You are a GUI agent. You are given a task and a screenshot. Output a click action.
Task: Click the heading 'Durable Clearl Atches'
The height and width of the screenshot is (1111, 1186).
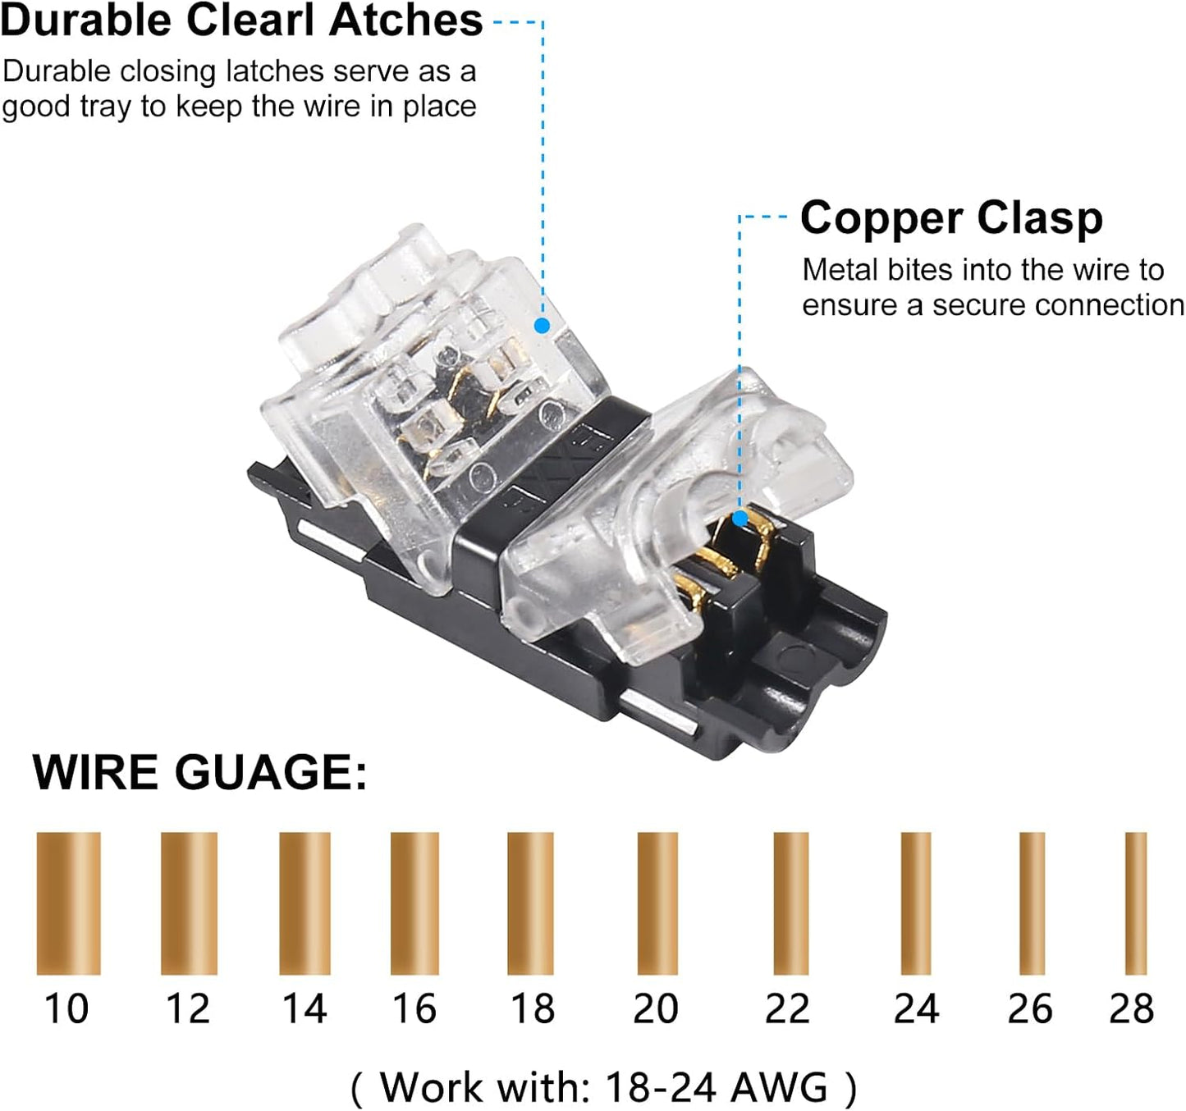point(241,21)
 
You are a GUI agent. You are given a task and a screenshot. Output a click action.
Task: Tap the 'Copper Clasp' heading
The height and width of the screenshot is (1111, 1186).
point(951,219)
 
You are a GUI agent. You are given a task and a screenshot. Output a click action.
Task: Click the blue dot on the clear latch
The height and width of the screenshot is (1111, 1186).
point(543,326)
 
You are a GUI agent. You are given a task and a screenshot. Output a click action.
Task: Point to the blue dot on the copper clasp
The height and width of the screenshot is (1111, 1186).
point(740,518)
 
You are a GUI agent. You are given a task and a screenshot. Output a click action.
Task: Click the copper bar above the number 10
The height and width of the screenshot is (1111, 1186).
point(69,903)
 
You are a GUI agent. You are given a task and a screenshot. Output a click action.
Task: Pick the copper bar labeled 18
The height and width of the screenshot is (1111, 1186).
point(530,903)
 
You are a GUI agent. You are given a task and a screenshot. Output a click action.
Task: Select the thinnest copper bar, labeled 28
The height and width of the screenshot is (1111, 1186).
point(1136,903)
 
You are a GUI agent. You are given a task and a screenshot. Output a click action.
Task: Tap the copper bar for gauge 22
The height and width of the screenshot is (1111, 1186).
point(791,903)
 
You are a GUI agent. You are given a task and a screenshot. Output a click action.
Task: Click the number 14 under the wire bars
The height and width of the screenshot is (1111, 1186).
point(305,1009)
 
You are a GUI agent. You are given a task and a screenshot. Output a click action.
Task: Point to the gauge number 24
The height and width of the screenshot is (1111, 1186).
point(916,1009)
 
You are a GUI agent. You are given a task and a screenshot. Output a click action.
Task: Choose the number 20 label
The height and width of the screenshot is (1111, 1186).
point(656,1009)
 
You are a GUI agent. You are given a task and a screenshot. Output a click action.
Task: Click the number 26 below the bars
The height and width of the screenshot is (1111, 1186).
point(1030,1009)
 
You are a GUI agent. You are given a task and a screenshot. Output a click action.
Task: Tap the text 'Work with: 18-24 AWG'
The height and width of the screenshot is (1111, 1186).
point(604,1086)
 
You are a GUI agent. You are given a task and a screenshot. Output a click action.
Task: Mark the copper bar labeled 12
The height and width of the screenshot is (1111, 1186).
point(189,903)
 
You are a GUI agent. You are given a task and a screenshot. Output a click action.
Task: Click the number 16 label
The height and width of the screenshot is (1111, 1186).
point(414,1009)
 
